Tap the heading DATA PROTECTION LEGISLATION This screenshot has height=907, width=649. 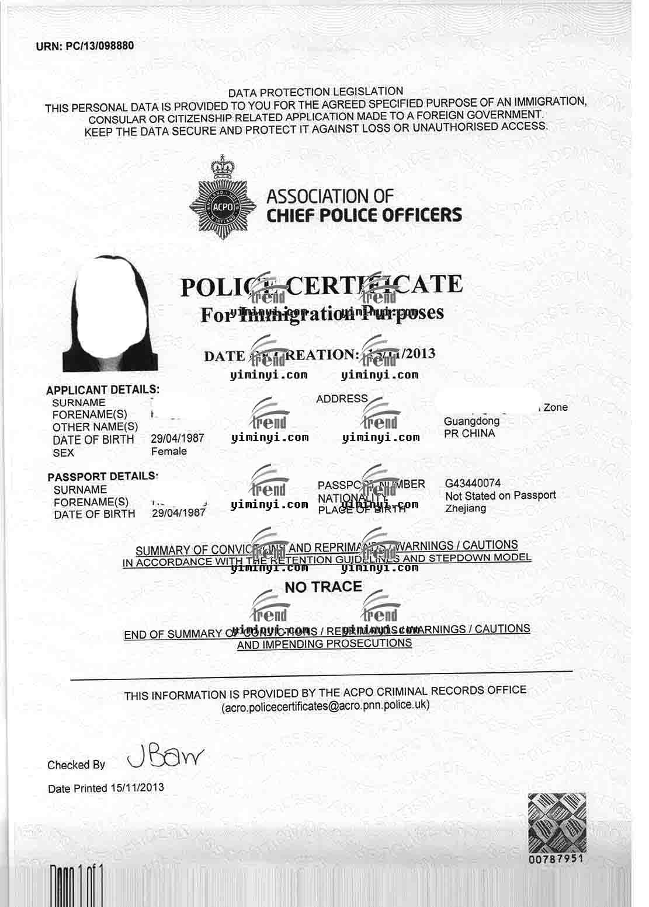coord(315,92)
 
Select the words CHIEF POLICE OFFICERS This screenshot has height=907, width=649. coord(364,215)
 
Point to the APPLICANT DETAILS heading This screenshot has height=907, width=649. coord(102,390)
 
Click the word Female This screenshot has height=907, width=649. coord(169,451)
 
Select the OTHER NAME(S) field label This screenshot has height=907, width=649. coord(95,427)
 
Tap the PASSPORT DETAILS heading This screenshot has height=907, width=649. coord(102,476)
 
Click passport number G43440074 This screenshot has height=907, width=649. coord(473,483)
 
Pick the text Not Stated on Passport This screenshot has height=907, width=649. coord(500,496)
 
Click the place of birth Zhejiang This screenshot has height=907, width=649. coord(465,508)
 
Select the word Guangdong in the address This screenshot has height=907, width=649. coord(471,421)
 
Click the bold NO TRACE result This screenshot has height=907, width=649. coord(323,587)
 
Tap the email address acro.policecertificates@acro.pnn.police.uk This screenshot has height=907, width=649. coord(325,705)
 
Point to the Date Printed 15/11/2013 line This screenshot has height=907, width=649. coord(106,788)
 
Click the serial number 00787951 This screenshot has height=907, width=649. coord(556,860)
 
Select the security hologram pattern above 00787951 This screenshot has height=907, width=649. coord(556,824)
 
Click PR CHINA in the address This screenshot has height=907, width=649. coord(469,434)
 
